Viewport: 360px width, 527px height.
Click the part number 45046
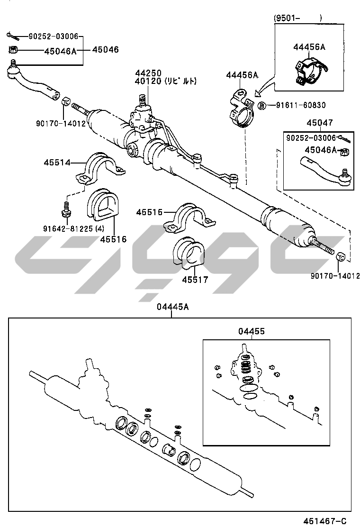(105, 49)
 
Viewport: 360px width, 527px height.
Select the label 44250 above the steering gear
(148, 73)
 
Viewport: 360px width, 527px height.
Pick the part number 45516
(113, 239)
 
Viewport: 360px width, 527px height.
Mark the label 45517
(195, 280)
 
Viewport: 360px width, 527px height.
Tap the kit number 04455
(252, 332)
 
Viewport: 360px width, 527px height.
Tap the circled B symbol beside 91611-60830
(261, 105)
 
